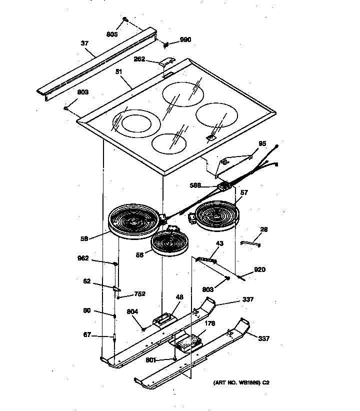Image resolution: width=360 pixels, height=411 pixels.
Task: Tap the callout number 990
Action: (185, 40)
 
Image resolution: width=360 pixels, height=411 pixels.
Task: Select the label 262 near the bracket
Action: (139, 59)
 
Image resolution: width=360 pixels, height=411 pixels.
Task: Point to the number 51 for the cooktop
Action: (119, 72)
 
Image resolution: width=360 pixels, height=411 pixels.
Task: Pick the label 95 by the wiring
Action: (262, 144)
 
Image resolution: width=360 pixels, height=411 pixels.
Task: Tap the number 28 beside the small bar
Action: (263, 229)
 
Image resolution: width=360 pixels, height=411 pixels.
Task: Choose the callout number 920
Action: (259, 270)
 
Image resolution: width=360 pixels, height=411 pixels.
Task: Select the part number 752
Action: (139, 294)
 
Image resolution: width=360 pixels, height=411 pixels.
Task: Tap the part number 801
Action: (150, 360)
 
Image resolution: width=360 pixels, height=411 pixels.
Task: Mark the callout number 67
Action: (87, 335)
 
